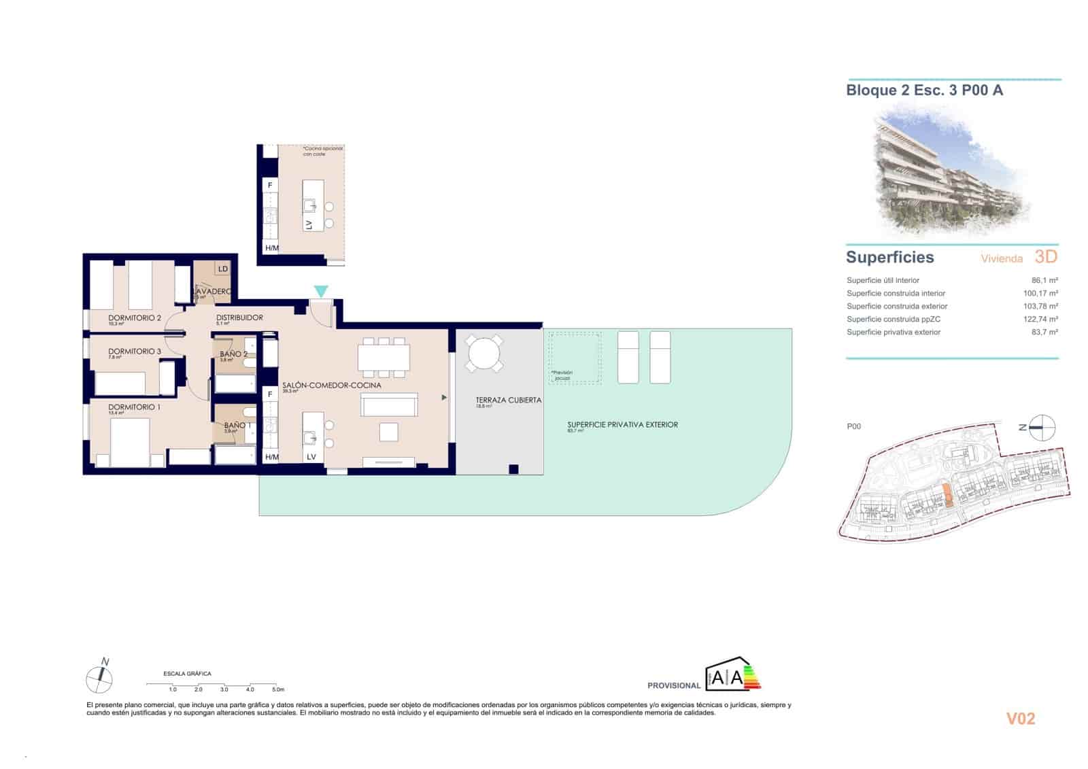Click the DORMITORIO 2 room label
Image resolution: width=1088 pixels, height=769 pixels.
pos(135,318)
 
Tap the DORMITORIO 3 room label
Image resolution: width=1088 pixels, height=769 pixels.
pos(135,352)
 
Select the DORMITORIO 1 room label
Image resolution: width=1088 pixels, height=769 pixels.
pos(135,407)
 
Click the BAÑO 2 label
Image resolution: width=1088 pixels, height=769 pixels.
pos(233,354)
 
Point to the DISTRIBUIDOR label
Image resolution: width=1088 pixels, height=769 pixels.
pos(239,318)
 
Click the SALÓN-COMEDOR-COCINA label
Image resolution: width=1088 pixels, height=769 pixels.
pos(331,386)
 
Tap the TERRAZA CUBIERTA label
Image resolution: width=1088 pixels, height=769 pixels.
pos(508,400)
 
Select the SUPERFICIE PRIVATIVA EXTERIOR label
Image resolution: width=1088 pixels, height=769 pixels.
pos(622,425)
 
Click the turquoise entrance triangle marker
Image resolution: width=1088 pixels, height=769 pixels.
pos(321,292)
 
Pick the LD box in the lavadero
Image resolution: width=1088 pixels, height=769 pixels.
pos(223,269)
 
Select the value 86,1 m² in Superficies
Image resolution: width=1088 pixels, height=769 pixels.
pos(1044,280)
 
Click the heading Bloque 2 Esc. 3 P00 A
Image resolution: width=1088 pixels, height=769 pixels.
pos(924,90)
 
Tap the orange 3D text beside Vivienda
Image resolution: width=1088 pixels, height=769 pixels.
pos(1046,257)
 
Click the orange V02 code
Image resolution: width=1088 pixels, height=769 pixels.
pos(1020,719)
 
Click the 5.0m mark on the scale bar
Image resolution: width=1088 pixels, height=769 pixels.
pos(276,689)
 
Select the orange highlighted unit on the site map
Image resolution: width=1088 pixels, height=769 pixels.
pos(948,495)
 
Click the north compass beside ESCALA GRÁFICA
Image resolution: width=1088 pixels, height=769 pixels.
pos(100,677)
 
